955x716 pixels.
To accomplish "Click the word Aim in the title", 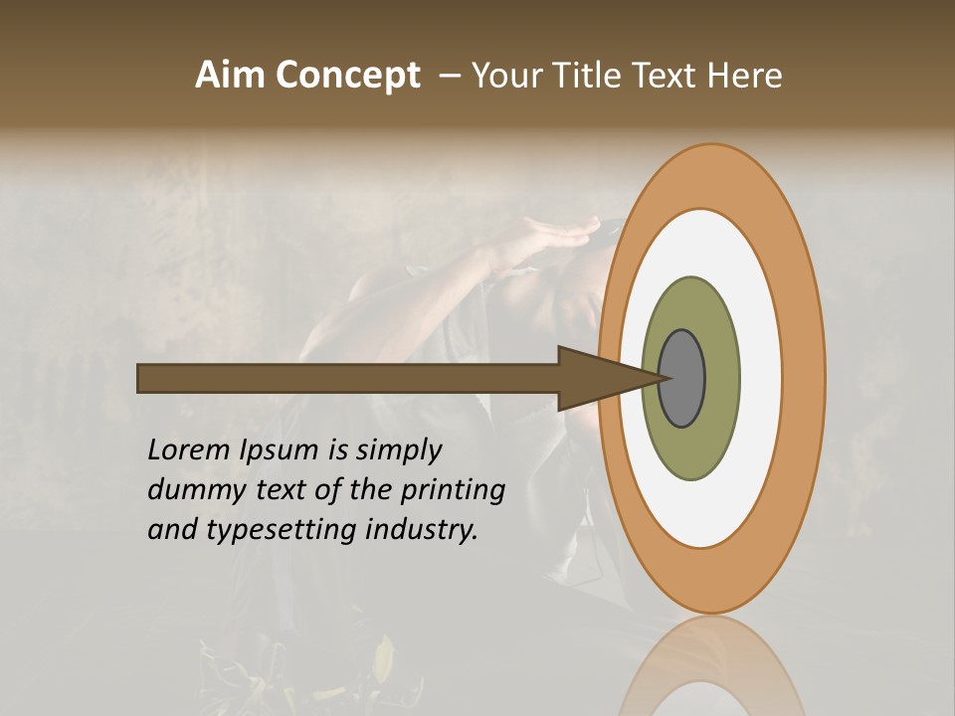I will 232,76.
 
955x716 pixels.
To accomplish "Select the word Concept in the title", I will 348,76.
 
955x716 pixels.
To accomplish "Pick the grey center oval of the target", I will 681,378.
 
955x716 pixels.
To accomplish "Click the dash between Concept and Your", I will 449,76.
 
